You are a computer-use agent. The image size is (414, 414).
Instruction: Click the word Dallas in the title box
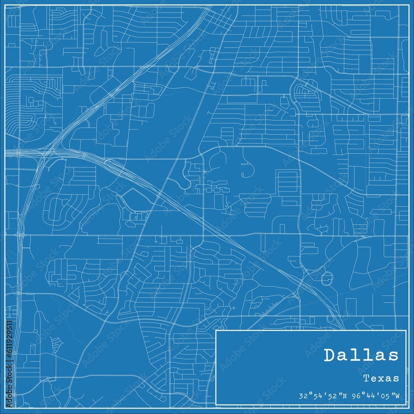click(x=361, y=355)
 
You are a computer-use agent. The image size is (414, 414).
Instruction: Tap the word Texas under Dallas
click(x=381, y=378)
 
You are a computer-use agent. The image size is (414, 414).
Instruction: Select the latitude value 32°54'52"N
click(x=323, y=396)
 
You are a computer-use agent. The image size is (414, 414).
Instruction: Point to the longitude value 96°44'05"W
click(x=375, y=396)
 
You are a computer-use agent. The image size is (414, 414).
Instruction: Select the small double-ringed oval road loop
click(x=326, y=278)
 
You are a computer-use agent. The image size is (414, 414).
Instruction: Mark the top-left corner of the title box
click(x=216, y=330)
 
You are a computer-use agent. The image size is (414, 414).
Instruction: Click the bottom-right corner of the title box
click(x=407, y=404)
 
